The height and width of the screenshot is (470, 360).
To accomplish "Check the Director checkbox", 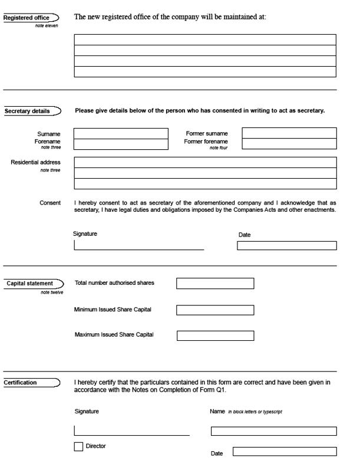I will (x=78, y=447).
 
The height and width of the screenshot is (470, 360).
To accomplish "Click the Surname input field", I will (x=121, y=133).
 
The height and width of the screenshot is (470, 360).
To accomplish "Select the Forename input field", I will (x=121, y=144).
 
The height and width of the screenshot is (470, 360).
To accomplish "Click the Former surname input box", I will (x=289, y=133).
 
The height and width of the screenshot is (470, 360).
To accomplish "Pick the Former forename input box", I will (x=289, y=144).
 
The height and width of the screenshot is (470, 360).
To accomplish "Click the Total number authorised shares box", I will (x=215, y=284).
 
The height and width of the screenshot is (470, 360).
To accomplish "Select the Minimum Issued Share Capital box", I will (x=215, y=310).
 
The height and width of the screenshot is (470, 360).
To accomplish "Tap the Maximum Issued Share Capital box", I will (x=215, y=336).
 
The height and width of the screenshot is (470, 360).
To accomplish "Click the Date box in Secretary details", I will (x=287, y=246).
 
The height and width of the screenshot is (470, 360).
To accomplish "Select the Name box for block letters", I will (x=274, y=431).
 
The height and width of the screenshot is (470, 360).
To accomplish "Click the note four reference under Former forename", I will (x=219, y=148).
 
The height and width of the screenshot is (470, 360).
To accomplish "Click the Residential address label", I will (x=35, y=162).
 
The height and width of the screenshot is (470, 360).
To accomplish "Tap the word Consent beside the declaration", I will (x=50, y=203).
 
